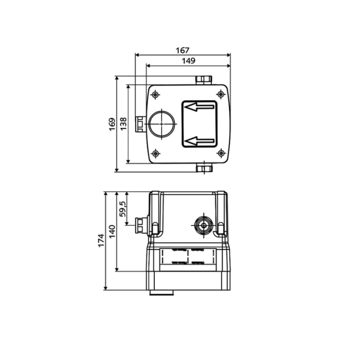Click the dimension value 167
point(183,50)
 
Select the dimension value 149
point(189,61)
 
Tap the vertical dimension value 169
point(112,124)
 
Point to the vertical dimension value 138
point(123,124)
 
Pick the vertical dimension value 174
point(101,241)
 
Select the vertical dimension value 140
point(112,231)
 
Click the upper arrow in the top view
point(200,107)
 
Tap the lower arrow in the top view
point(200,140)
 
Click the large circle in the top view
point(162,123)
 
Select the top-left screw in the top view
point(155,95)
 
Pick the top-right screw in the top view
point(221,94)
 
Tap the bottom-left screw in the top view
point(155,153)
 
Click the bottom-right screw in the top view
point(221,153)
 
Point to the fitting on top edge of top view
point(204,80)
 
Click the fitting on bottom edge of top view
point(204,168)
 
